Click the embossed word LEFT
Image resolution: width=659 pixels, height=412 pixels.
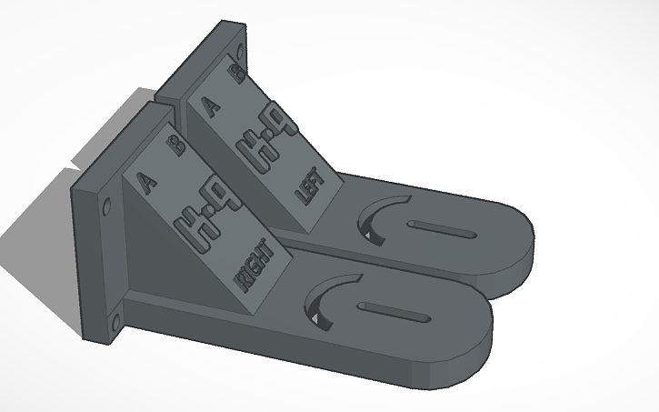[310, 186]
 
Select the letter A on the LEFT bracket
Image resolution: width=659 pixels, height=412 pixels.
[213, 107]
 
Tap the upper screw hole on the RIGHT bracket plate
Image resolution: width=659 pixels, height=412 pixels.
[108, 205]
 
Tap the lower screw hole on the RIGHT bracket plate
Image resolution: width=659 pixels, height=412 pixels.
[115, 319]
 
